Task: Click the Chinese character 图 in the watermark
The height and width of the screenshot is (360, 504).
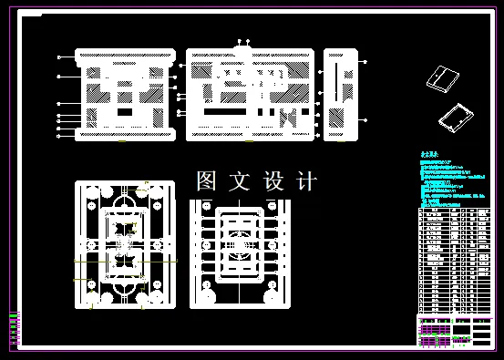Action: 206,181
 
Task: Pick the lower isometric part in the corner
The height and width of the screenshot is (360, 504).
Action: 456,117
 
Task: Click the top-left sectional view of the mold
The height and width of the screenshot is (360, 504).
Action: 124,95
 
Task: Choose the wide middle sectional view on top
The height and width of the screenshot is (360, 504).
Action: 250,95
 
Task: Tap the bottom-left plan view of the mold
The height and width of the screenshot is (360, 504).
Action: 124,245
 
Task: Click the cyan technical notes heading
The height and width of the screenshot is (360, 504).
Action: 428,156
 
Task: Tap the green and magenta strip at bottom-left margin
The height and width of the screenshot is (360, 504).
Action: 14,329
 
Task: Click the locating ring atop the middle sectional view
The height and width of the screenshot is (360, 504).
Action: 242,45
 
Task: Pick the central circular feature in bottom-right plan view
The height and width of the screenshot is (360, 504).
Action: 240,244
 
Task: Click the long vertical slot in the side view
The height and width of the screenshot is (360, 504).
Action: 338,82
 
